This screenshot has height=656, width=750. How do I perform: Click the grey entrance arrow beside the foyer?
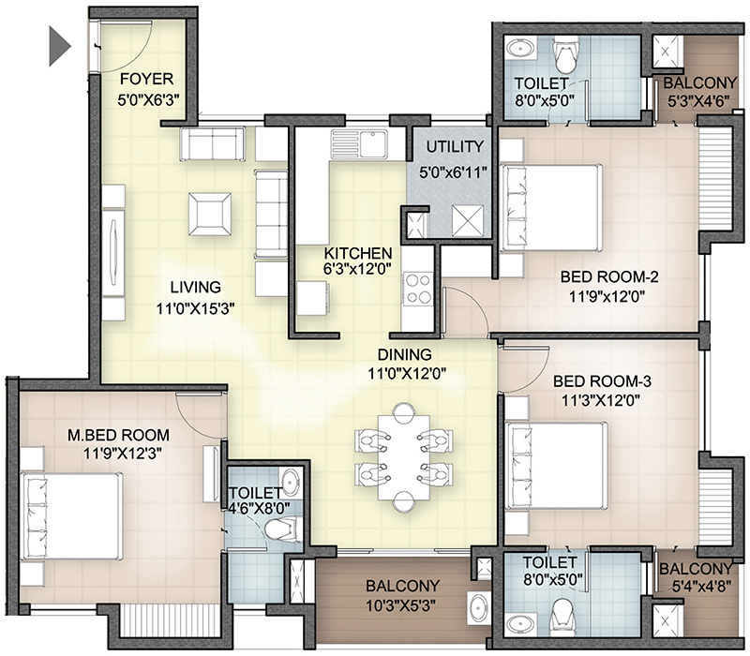tap(58, 46)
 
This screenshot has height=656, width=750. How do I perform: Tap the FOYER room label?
tap(146, 79)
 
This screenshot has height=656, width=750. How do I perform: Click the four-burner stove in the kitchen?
tap(417, 289)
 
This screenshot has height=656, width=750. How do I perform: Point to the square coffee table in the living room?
tap(209, 214)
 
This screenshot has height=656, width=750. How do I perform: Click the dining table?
tap(404, 457)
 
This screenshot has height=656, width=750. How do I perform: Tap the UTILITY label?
tap(455, 147)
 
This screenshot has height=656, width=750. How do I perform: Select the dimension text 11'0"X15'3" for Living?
tap(195, 309)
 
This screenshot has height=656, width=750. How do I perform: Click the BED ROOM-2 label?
tap(609, 276)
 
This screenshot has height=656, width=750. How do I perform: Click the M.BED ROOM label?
tap(119, 435)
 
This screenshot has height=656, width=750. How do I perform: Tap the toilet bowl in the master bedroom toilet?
tap(282, 530)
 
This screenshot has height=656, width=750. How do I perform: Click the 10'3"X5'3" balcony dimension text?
tap(400, 606)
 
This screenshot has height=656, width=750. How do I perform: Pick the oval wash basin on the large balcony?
tap(479, 607)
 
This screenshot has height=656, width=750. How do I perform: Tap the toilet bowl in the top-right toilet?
tap(565, 53)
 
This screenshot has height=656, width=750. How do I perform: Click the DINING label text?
tap(405, 355)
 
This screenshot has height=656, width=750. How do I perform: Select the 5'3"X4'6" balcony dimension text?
tap(698, 101)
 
